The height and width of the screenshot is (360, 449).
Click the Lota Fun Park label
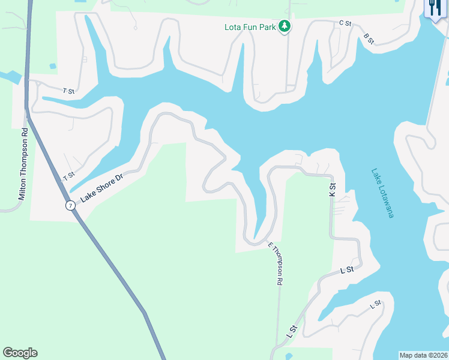pyautogui.click(x=249, y=26)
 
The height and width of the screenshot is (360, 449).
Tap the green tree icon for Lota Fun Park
pyautogui.click(x=285, y=26)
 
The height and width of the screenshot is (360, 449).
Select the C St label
pyautogui.click(x=345, y=23)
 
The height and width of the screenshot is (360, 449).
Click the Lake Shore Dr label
pyautogui.click(x=101, y=187)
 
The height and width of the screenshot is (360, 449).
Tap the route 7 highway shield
pyautogui.click(x=70, y=205)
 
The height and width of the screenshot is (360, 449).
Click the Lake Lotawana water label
pyautogui.click(x=382, y=193)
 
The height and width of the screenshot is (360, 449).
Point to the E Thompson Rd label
pyautogui.click(x=276, y=263)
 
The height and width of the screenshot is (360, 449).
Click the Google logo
pyautogui.click(x=20, y=353)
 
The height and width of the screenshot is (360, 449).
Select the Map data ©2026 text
pyautogui.click(x=423, y=355)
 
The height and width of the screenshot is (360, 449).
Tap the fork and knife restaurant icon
pyautogui.click(x=433, y=8)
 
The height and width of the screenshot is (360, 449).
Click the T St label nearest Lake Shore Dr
pyautogui.click(x=68, y=178)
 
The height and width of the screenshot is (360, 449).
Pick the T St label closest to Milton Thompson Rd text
pyautogui.click(x=68, y=91)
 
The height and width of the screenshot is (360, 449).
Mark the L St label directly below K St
pyautogui.click(x=346, y=271)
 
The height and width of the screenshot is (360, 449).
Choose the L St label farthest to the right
pyautogui.click(x=376, y=304)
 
